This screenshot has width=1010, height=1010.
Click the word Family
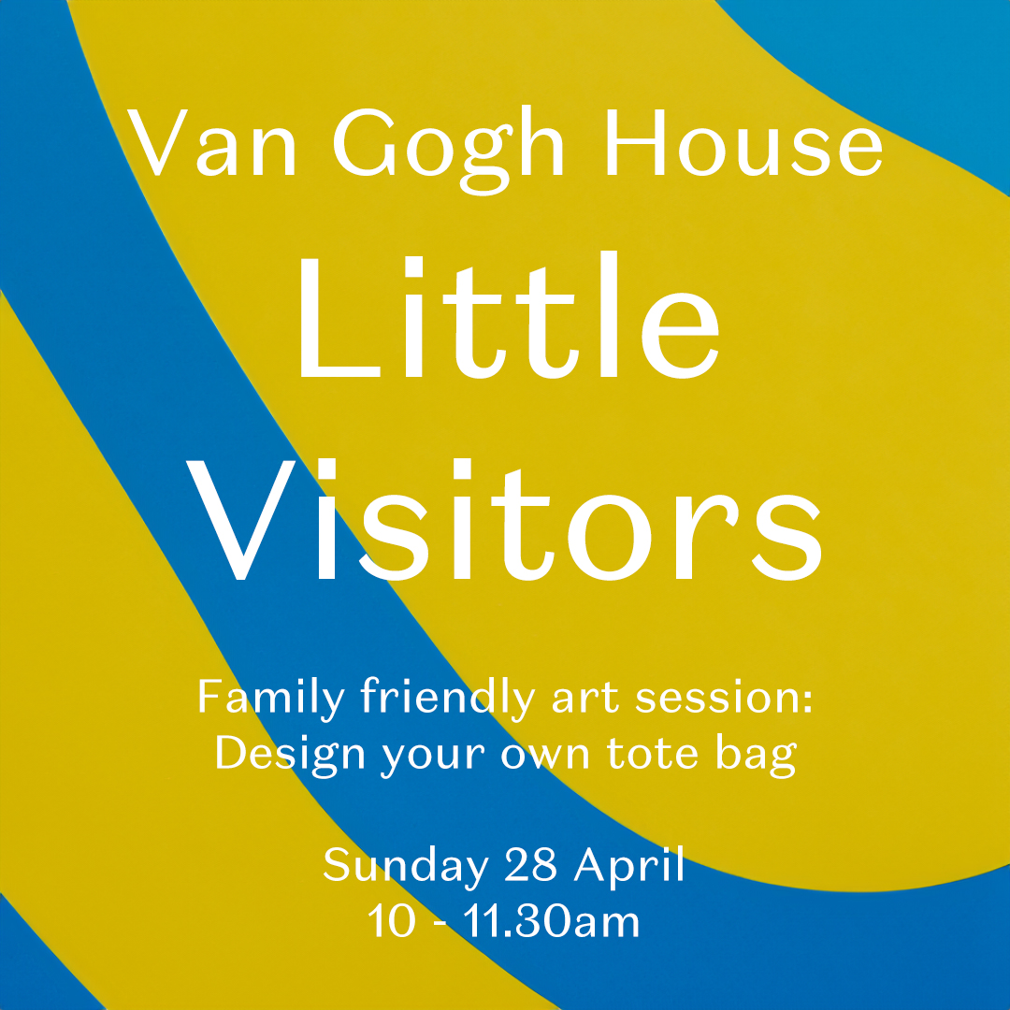pos(266,700)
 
